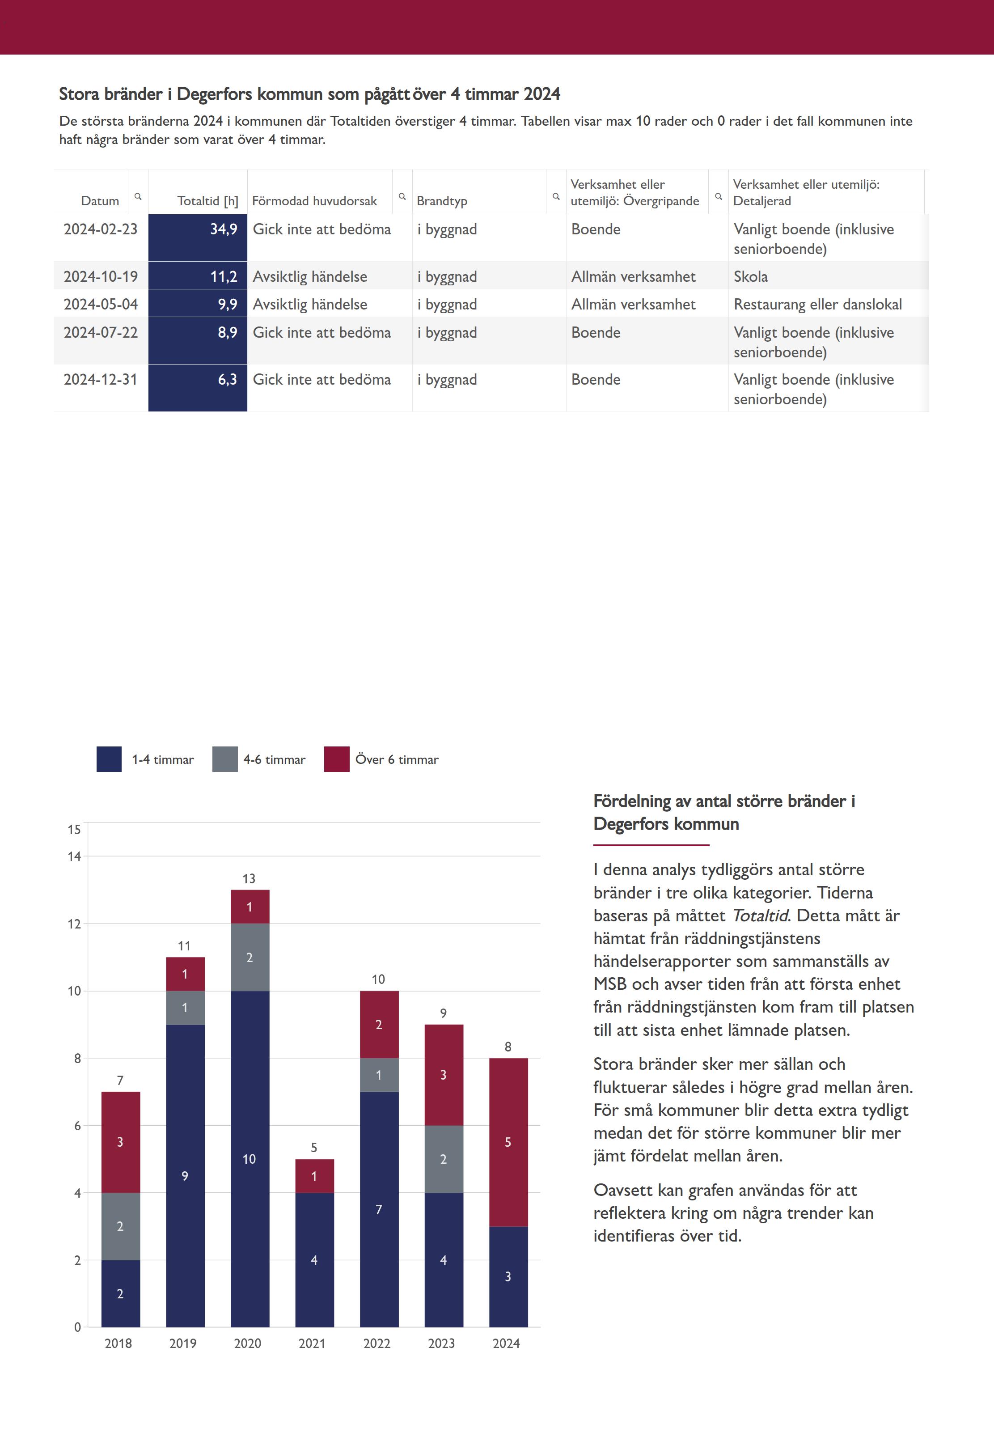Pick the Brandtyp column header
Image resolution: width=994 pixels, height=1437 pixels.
pos(442,200)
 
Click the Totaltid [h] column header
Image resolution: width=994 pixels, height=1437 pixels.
pos(207,200)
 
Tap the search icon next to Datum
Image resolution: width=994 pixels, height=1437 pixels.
pos(138,196)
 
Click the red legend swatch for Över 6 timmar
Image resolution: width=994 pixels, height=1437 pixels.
pos(336,759)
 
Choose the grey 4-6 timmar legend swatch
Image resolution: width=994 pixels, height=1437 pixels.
pos(225,759)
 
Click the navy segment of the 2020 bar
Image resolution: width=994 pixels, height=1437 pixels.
pos(250,1158)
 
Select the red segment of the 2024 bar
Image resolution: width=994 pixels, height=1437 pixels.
pos(508,1142)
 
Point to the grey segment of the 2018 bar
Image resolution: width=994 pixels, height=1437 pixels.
pos(121,1226)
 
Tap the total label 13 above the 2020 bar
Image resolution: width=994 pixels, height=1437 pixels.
pos(249,878)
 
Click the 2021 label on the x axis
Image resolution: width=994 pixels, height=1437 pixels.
pos(312,1344)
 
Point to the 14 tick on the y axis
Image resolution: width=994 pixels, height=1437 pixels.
pos(74,856)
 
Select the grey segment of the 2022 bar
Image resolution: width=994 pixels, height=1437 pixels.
pos(379,1074)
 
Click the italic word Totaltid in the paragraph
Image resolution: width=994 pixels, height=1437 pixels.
pos(760,915)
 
